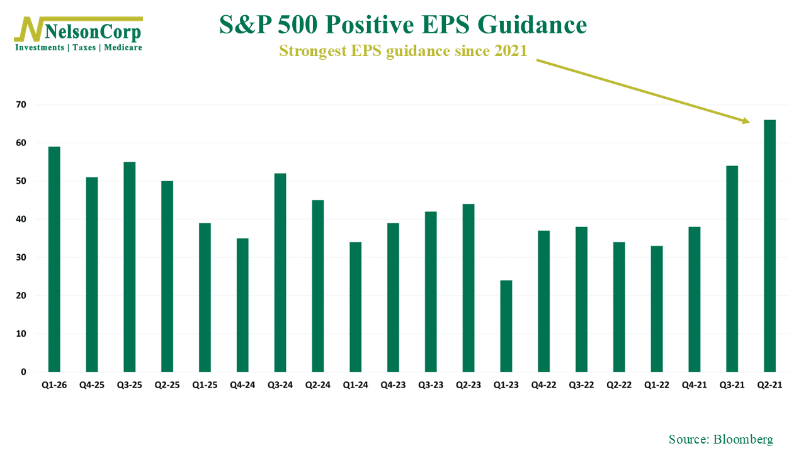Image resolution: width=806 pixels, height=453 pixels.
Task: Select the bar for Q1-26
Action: click(54, 259)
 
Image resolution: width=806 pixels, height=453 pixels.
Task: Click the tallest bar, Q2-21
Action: click(769, 245)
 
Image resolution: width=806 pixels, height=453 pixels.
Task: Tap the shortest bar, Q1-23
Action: click(506, 326)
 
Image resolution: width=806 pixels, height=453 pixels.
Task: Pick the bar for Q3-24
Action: click(280, 272)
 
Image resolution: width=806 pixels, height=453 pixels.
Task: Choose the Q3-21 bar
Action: click(732, 269)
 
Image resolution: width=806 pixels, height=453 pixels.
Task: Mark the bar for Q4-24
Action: click(242, 305)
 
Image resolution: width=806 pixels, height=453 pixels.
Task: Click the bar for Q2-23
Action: click(468, 288)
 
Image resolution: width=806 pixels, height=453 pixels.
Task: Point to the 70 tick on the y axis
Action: click(21, 104)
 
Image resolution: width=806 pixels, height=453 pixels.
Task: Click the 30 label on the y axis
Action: click(21, 257)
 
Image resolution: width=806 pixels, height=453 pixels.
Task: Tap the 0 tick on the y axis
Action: click(23, 372)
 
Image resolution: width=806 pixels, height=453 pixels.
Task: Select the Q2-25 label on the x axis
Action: click(167, 385)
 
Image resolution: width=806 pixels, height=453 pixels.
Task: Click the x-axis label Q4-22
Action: click(543, 385)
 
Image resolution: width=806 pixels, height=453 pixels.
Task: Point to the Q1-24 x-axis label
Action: click(355, 385)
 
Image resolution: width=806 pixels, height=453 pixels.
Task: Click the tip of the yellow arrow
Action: click(750, 123)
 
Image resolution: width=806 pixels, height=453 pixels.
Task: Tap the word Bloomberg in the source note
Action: click(743, 439)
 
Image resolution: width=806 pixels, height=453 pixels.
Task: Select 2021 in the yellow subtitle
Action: click(511, 51)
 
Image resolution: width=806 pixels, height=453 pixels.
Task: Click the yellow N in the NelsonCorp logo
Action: click(30, 29)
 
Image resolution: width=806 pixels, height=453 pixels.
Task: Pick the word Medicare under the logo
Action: click(123, 47)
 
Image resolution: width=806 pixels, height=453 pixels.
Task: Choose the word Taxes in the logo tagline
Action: click(84, 47)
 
